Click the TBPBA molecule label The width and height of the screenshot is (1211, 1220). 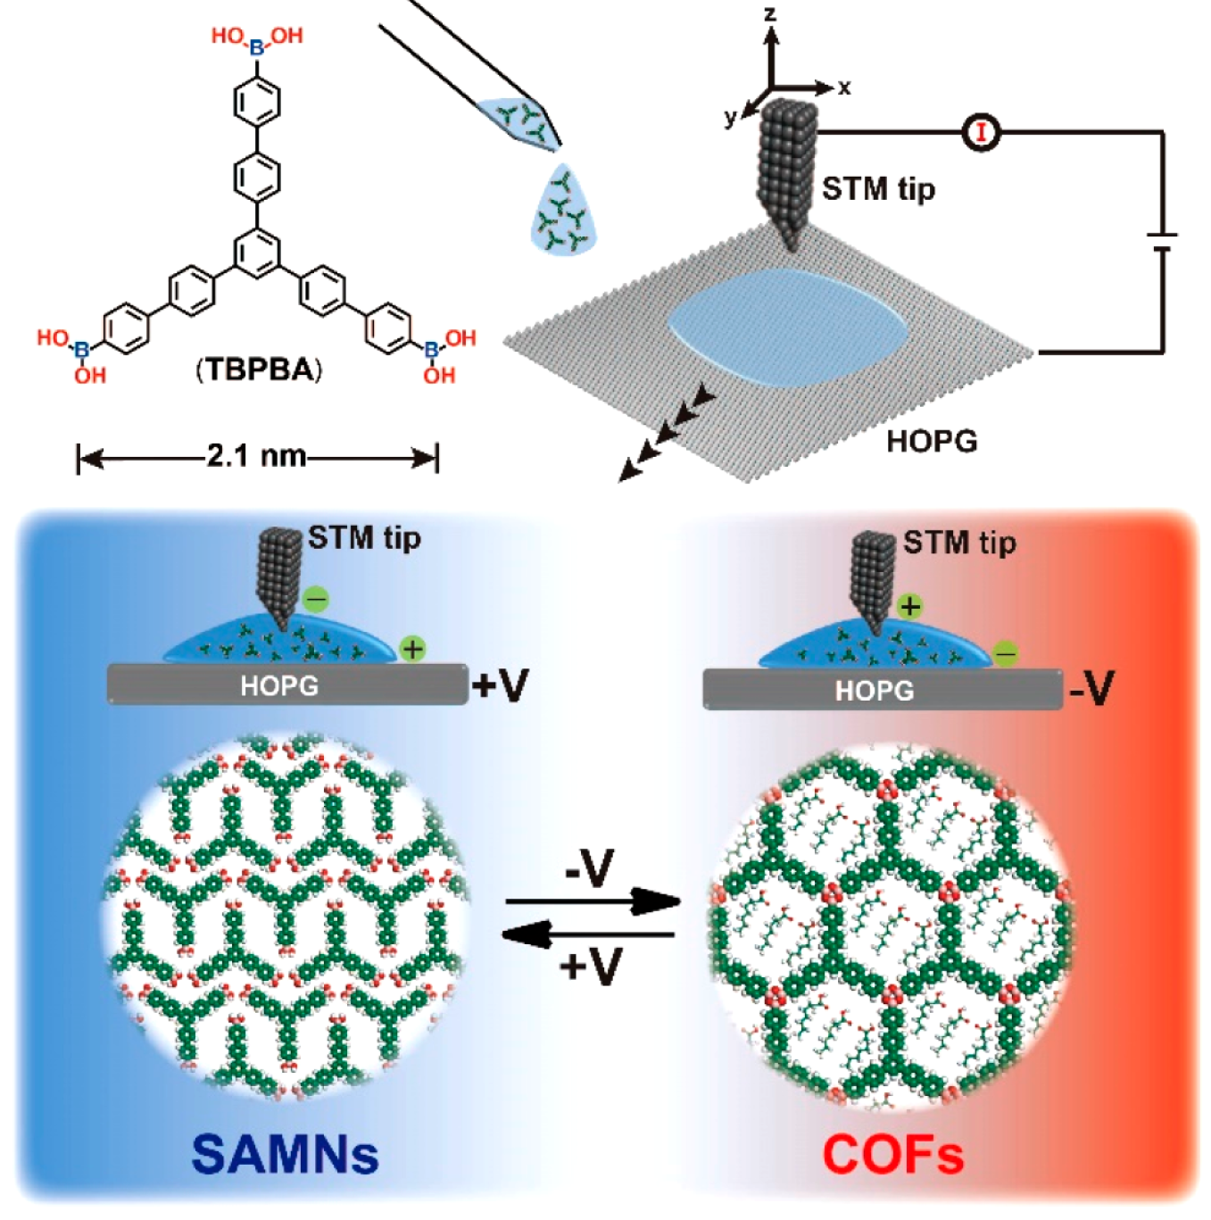[259, 369]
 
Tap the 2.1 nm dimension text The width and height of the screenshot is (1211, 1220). [256, 457]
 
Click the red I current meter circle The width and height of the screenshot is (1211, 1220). [982, 133]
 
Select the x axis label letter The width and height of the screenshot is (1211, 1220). [844, 87]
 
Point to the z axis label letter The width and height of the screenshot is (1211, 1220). [770, 13]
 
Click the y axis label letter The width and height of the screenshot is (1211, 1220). [731, 116]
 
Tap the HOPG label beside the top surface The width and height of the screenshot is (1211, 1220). [932, 441]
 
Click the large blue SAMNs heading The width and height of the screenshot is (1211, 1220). [285, 1154]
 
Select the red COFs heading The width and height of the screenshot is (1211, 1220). [893, 1155]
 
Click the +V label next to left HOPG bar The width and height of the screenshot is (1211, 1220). [500, 685]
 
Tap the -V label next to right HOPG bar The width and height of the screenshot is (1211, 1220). [1092, 689]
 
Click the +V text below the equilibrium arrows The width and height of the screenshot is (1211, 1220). [590, 965]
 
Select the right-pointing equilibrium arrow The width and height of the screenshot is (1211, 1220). [593, 903]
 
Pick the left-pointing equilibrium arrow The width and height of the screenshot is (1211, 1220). [589, 934]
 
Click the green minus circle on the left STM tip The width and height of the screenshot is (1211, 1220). [316, 599]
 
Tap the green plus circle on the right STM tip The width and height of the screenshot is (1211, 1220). [909, 607]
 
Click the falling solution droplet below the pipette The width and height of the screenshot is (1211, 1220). [563, 210]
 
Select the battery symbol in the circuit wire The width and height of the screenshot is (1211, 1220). [1161, 242]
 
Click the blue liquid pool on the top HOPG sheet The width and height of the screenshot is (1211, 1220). [787, 327]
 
